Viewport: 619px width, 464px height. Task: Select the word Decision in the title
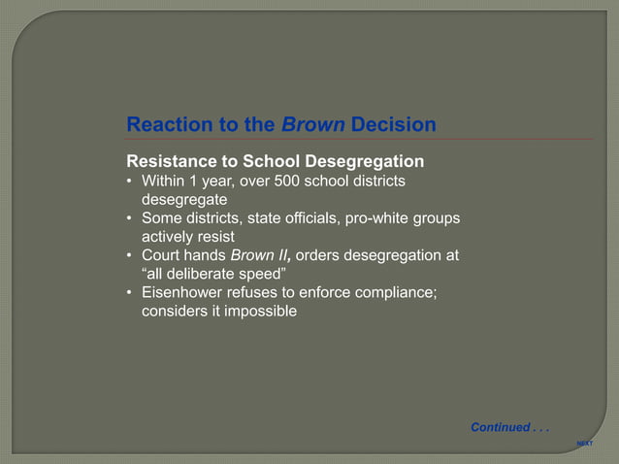(393, 125)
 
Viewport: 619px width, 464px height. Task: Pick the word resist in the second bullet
(217, 236)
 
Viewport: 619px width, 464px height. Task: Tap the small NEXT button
(584, 443)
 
